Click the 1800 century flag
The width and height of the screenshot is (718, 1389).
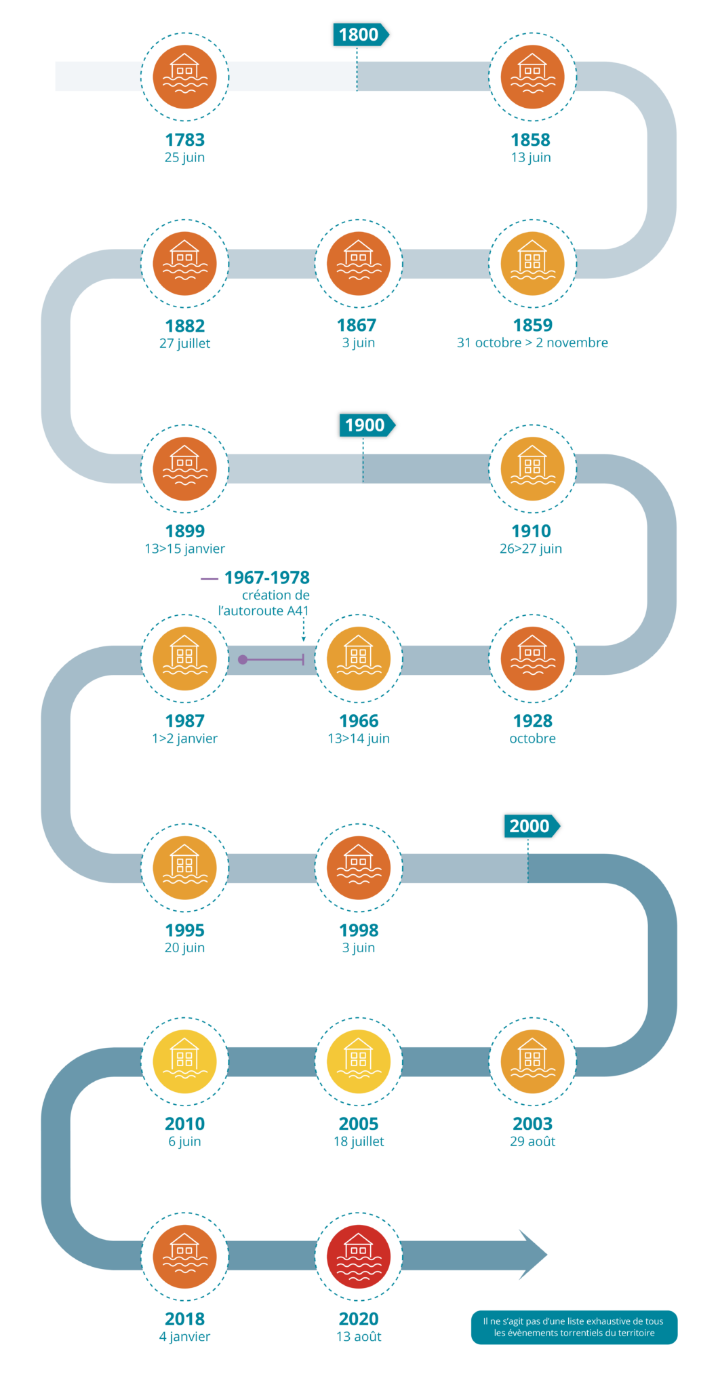pyautogui.click(x=360, y=35)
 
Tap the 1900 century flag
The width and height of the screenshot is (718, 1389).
pyautogui.click(x=366, y=425)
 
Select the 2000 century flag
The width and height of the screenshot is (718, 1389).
pyautogui.click(x=531, y=826)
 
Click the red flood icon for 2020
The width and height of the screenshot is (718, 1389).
pyautogui.click(x=359, y=1257)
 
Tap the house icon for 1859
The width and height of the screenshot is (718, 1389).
pyautogui.click(x=532, y=263)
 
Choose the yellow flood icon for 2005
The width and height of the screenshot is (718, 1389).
pyautogui.click(x=359, y=1061)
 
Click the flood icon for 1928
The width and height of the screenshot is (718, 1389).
pyautogui.click(x=532, y=658)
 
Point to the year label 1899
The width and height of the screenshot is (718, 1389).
pyautogui.click(x=184, y=531)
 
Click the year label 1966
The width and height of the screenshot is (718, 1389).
pyautogui.click(x=359, y=721)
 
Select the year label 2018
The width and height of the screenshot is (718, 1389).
pyautogui.click(x=184, y=1319)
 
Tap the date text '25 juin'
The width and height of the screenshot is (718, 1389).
pyautogui.click(x=184, y=157)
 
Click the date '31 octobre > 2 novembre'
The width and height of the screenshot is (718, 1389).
pyautogui.click(x=532, y=343)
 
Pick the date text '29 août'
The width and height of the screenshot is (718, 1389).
pyautogui.click(x=532, y=1141)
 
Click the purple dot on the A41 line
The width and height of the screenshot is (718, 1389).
pyautogui.click(x=243, y=659)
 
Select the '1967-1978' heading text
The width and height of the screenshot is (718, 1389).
pyautogui.click(x=266, y=578)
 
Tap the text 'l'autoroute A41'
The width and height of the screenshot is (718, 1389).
pyautogui.click(x=264, y=611)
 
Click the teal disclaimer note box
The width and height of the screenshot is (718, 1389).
pyautogui.click(x=574, y=1327)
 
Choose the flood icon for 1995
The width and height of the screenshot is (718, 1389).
pyautogui.click(x=184, y=867)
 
